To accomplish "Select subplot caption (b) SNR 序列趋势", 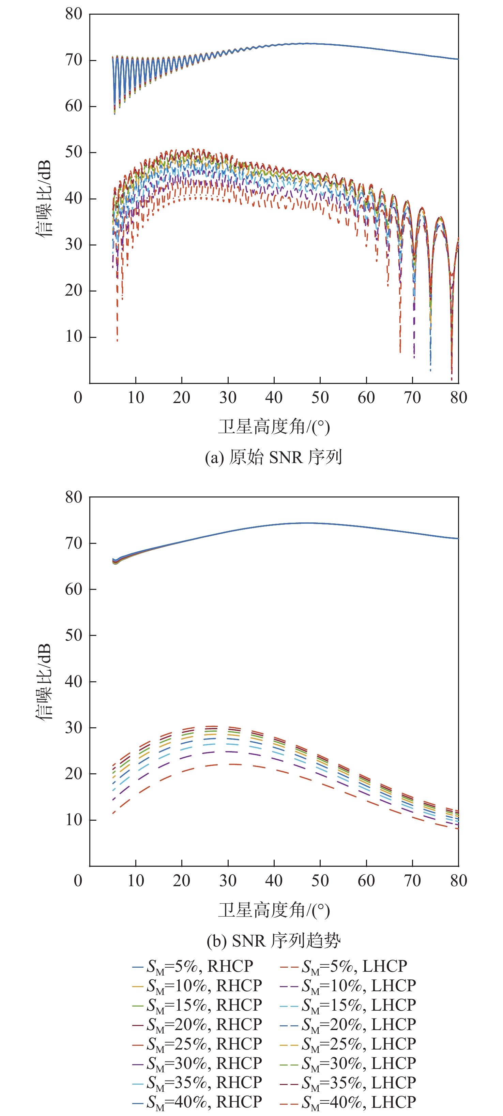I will pos(274,940).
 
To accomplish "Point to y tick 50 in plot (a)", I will pos(74,152).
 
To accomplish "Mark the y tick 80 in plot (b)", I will pos(74,497).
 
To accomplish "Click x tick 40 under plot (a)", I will pos(274,397).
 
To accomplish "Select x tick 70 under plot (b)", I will pos(412,880).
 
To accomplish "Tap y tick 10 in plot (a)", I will pos(74,337).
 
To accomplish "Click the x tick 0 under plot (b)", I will pos(78,880).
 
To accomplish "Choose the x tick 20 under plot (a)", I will pos(182,397).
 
